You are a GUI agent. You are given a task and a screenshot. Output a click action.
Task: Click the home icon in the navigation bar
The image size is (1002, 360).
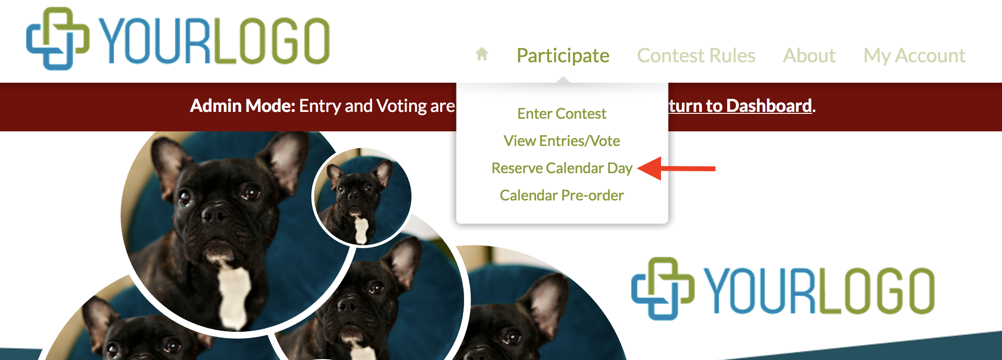tap(482, 54)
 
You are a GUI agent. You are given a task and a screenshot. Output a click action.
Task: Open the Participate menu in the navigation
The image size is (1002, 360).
tap(563, 55)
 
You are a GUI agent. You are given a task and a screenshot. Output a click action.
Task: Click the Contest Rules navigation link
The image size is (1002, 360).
tap(696, 55)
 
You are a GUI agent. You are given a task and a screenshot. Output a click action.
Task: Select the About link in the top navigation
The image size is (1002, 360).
tap(809, 55)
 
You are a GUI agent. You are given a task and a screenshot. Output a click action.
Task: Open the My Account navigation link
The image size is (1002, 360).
tap(914, 56)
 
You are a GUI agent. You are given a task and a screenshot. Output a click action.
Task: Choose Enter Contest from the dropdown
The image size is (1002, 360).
tap(562, 113)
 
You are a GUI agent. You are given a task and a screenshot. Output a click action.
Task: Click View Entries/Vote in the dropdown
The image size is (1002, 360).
tap(562, 141)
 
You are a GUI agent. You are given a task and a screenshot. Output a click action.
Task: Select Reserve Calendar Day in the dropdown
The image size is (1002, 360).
tap(562, 168)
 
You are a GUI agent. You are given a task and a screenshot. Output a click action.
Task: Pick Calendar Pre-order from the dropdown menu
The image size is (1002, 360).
tap(562, 195)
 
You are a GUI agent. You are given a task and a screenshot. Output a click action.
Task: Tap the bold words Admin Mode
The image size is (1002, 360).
tap(242, 106)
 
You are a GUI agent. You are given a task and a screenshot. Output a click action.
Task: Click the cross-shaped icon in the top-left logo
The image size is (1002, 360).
tap(58, 38)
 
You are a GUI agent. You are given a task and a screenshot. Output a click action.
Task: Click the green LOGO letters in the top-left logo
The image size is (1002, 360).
tap(271, 41)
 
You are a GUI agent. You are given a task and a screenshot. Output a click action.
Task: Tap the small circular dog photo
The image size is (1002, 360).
tap(361, 197)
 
